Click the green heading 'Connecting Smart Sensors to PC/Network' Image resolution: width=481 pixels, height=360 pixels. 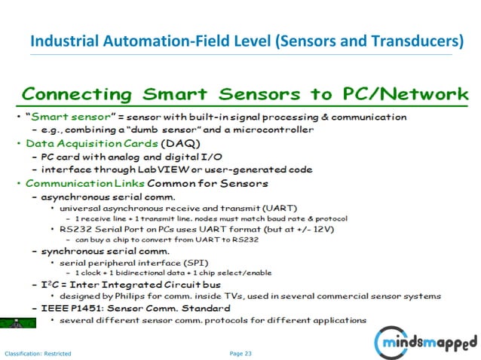tap(245, 95)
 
